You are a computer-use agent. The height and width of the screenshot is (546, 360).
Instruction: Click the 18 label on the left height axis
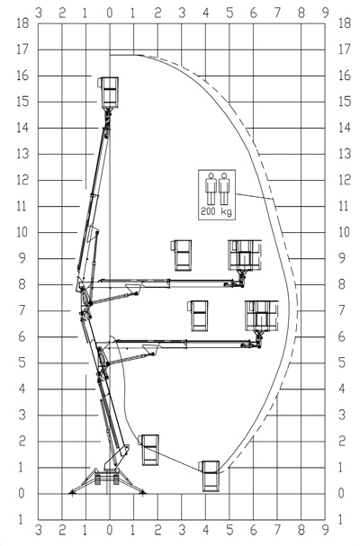[x=22, y=23]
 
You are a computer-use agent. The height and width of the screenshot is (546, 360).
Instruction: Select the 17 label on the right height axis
[x=345, y=49]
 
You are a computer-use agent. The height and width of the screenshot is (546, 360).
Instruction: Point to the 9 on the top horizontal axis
[x=326, y=13]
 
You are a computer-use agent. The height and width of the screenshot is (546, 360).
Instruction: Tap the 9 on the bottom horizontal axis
[x=326, y=530]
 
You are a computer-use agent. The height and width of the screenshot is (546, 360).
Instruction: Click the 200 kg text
[x=216, y=211]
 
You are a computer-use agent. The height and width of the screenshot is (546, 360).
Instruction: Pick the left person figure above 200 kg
[x=211, y=188]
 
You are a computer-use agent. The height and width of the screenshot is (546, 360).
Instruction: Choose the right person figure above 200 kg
[x=224, y=188]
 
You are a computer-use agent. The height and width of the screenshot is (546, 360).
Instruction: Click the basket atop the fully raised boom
[x=108, y=93]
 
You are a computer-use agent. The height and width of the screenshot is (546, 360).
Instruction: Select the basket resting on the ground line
[x=210, y=476]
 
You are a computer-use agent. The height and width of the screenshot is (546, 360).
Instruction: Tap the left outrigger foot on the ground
[x=72, y=492]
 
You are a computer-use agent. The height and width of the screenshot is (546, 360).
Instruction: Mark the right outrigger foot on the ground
[x=142, y=492]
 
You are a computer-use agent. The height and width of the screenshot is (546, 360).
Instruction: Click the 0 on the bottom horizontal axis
[x=110, y=530]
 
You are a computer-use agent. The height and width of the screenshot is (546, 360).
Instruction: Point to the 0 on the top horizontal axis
[x=110, y=13]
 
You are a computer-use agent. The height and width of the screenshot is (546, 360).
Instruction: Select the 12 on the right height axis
[x=345, y=180]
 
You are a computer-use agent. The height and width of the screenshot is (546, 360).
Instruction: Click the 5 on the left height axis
[x=22, y=363]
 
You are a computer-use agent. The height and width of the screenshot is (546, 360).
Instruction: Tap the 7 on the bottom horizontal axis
[x=277, y=530]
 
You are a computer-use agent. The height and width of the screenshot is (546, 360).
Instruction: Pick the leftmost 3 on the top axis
[x=39, y=13]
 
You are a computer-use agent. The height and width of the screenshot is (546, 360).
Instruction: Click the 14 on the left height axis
[x=22, y=128]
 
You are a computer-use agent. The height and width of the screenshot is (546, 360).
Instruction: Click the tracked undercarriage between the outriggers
[x=107, y=478]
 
